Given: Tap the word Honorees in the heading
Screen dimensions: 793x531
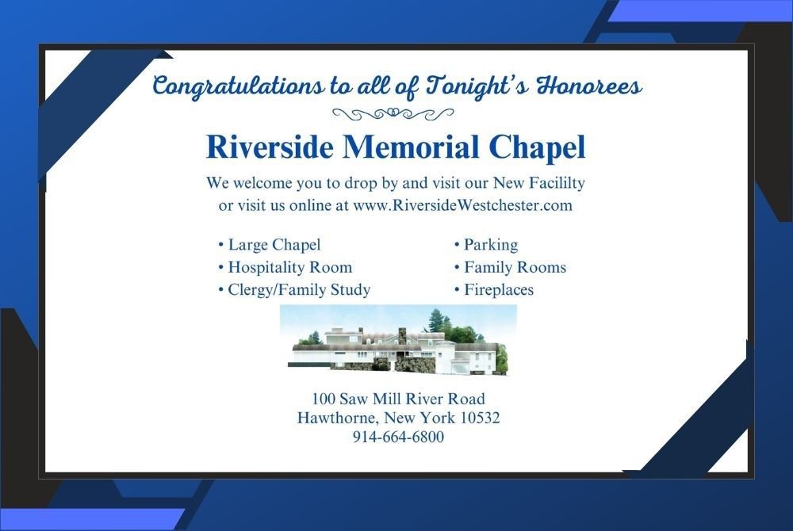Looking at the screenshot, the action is pyautogui.click(x=589, y=85).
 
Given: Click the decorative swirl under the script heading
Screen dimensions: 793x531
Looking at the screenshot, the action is pyautogui.click(x=393, y=113).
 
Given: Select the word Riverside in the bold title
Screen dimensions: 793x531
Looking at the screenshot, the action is pyautogui.click(x=270, y=147).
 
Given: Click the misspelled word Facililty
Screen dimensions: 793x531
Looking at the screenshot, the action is pyautogui.click(x=557, y=182).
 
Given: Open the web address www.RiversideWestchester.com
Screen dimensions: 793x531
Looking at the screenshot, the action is pyautogui.click(x=463, y=205).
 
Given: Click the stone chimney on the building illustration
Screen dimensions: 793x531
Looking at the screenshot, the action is pyautogui.click(x=403, y=336).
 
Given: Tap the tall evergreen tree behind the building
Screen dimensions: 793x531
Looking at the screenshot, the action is pyautogui.click(x=435, y=321).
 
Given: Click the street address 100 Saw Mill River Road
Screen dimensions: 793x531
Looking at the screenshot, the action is pyautogui.click(x=398, y=399).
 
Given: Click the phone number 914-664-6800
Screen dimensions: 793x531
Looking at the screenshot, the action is pyautogui.click(x=399, y=437).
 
